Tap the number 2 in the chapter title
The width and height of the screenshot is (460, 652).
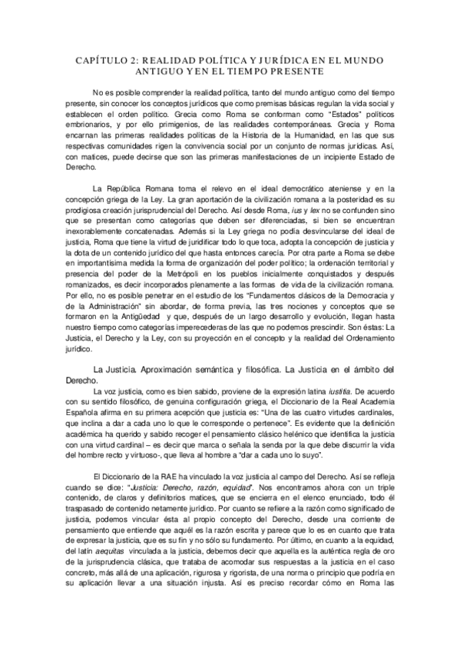pyautogui.click(x=135, y=59)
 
